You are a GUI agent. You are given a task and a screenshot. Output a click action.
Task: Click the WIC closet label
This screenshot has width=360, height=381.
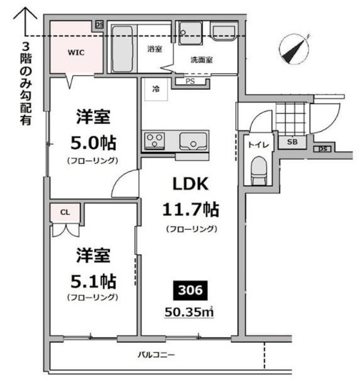pyautogui.click(x=76, y=52)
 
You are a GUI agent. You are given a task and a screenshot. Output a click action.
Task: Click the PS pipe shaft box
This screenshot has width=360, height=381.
pyautogui.click(x=190, y=81)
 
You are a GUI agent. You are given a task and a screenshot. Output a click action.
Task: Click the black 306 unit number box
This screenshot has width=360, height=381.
pyautogui.click(x=190, y=291)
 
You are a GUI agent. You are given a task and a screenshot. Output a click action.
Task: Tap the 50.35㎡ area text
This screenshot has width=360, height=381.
pyautogui.click(x=190, y=312)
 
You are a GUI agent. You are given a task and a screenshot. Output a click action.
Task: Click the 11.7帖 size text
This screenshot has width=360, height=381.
pyautogui.click(x=190, y=209)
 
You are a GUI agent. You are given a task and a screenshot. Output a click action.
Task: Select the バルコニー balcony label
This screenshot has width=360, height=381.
pyautogui.click(x=156, y=355)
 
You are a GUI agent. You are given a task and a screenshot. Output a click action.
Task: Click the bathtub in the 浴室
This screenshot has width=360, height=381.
pyautogui.click(x=123, y=48)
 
